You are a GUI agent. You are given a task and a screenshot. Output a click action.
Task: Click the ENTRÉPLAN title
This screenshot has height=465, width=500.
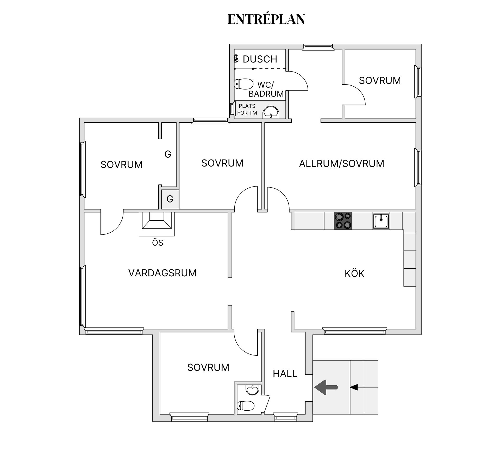point(266,19)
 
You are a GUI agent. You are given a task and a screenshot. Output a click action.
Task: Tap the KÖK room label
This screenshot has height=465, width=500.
point(354,273)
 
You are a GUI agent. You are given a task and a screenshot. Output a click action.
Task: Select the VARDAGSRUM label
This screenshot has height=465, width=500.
point(162,273)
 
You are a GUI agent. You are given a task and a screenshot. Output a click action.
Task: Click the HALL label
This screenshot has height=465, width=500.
point(285,374)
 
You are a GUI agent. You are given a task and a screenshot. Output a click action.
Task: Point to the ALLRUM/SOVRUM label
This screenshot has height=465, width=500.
point(341,164)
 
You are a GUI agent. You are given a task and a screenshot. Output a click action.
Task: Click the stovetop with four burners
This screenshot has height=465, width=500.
point(343,221)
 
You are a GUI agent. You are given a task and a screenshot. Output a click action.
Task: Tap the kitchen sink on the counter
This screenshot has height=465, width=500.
point(381,221)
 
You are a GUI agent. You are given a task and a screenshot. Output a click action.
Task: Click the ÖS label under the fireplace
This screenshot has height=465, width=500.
point(158,243)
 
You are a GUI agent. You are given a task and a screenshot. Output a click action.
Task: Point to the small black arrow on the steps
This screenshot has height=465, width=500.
point(354,387)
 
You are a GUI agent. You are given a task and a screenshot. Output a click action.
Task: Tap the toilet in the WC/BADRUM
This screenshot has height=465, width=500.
point(244,84)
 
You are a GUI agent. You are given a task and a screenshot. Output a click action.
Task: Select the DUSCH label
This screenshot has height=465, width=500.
point(260,59)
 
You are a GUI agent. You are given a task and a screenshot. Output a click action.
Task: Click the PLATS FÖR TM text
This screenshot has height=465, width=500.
point(247,109)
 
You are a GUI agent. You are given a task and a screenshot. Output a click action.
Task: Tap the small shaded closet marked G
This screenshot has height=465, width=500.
point(170,199)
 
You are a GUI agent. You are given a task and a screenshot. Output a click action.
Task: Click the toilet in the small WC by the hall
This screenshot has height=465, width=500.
point(246,406)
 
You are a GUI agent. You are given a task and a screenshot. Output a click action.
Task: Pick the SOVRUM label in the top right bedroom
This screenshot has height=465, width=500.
point(380,81)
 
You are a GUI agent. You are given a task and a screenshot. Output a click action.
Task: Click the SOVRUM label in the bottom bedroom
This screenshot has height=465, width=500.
point(208,367)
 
